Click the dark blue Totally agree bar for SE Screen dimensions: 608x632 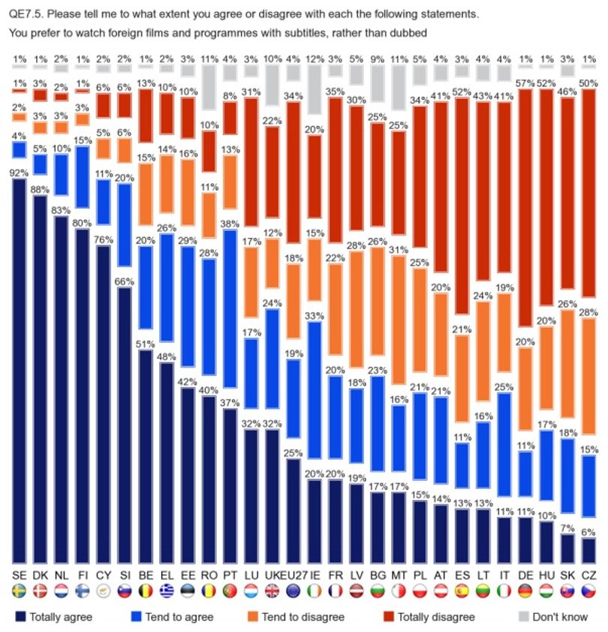[20, 371]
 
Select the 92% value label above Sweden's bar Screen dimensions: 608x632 [20, 173]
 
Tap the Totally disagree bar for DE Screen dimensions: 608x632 [525, 208]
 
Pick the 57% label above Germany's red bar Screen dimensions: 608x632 [525, 83]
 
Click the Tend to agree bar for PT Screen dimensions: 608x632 [230, 308]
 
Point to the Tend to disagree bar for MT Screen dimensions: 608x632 [399, 320]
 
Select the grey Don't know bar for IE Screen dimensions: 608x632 [315, 89]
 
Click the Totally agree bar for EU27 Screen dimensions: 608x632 [293, 511]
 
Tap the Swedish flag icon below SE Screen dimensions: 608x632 [20, 591]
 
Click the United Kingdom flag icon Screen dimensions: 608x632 [272, 591]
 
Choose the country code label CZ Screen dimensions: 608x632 [588, 575]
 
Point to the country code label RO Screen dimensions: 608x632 [209, 575]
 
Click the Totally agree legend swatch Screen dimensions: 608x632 [20, 617]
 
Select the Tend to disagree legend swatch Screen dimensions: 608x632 [253, 617]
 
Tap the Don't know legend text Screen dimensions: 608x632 [560, 617]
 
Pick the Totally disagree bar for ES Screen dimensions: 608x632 [462, 206]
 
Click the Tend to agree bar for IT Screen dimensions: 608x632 [504, 444]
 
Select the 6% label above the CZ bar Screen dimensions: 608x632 [588, 532]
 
